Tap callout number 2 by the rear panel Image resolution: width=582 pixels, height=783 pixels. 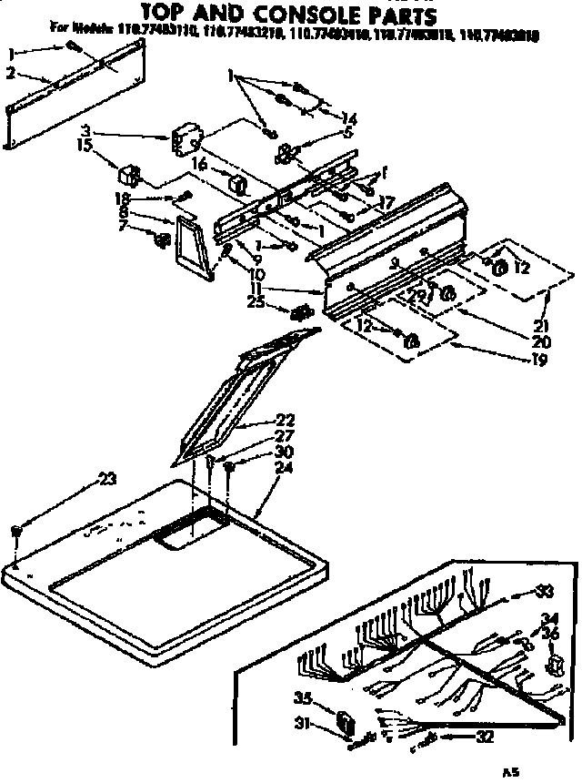(10, 72)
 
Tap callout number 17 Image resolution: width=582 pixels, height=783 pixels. (386, 203)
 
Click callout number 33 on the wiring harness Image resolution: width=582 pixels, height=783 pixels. (544, 592)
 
